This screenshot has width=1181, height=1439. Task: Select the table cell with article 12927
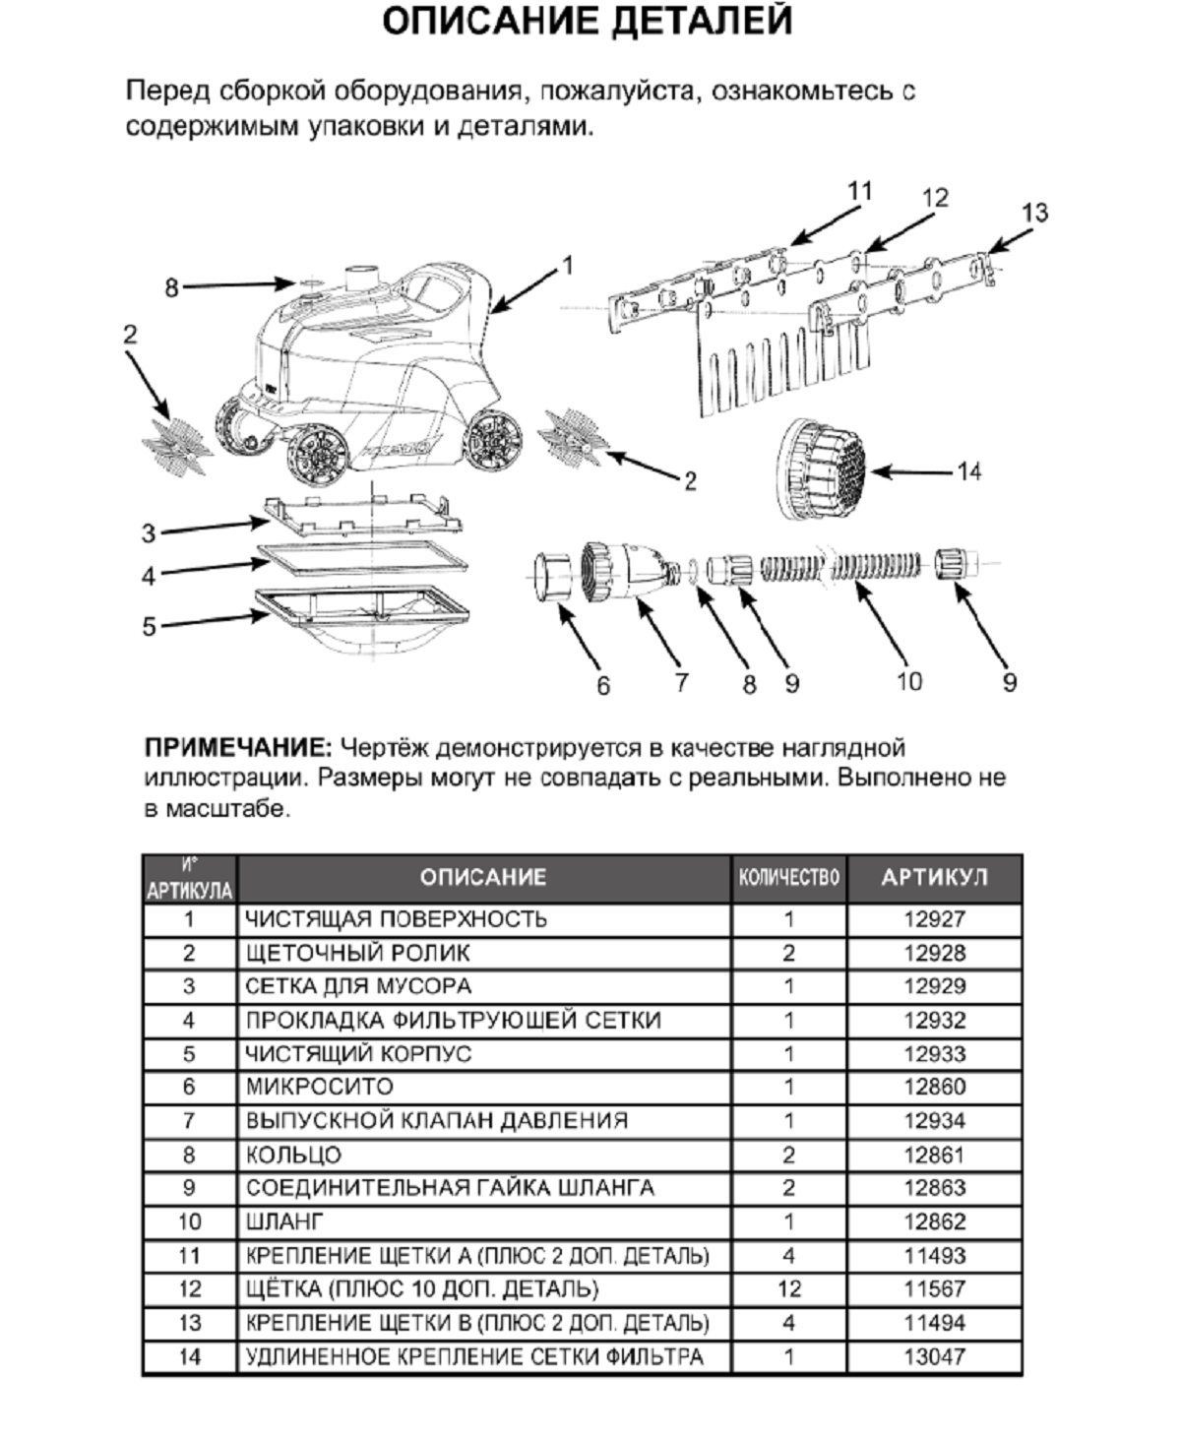[934, 919]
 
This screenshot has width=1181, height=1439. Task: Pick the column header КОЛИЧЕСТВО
[788, 877]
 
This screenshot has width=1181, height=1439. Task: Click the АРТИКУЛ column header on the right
[934, 877]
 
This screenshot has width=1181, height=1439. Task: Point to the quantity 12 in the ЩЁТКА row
[788, 1288]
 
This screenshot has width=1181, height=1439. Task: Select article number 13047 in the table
[934, 1356]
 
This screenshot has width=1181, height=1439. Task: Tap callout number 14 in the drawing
[968, 472]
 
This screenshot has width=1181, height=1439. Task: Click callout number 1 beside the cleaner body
[567, 266]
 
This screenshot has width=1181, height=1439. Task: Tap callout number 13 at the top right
[1034, 213]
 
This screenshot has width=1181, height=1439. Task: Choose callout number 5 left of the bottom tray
[149, 626]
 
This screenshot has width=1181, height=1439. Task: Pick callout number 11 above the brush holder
[860, 190]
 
